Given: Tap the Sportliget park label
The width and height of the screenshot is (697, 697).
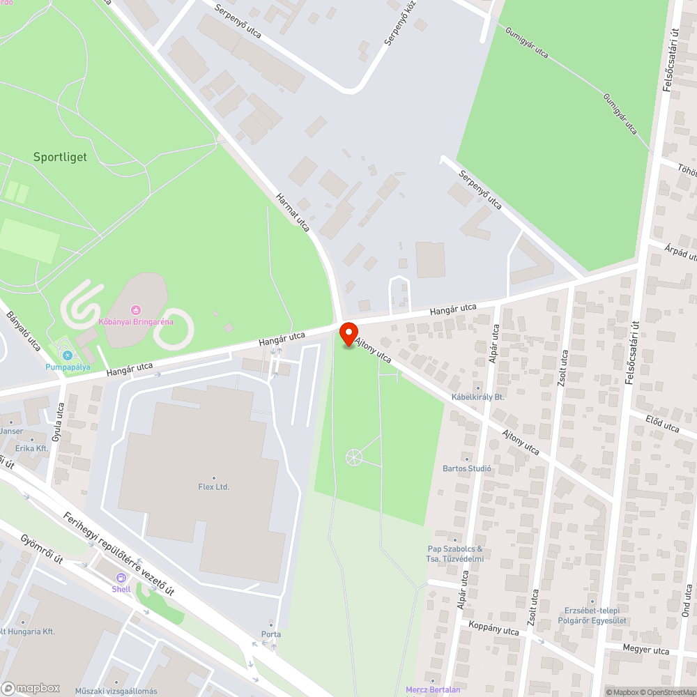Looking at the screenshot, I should pyautogui.click(x=60, y=157).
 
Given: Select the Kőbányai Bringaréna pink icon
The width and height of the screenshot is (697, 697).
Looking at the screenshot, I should pyautogui.click(x=136, y=309).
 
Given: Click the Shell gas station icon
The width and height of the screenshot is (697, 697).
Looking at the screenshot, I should pyautogui.click(x=121, y=578).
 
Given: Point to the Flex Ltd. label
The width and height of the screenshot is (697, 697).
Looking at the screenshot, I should pyautogui.click(x=213, y=487).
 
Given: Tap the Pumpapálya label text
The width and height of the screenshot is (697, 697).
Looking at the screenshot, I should pyautogui.click(x=68, y=367).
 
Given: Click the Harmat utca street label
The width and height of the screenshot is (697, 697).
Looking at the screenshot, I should pyautogui.click(x=293, y=213).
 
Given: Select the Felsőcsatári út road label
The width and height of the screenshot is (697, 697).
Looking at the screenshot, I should pyautogui.click(x=672, y=77).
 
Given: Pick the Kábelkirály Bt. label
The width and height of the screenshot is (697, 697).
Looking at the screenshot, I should pyautogui.click(x=477, y=397).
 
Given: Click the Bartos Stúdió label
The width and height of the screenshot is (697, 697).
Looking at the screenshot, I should pyautogui.click(x=467, y=468).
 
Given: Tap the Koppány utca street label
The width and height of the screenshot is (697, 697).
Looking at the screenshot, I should pyautogui.click(x=494, y=630).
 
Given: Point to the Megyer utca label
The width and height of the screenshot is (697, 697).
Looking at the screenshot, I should pyautogui.click(x=646, y=651).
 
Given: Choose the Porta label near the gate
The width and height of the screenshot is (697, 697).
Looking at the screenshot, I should pyautogui.click(x=271, y=634).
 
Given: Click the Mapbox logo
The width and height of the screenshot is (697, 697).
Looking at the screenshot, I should pyautogui.click(x=31, y=688).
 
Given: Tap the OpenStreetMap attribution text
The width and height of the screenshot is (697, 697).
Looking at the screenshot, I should pyautogui.click(x=667, y=692).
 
